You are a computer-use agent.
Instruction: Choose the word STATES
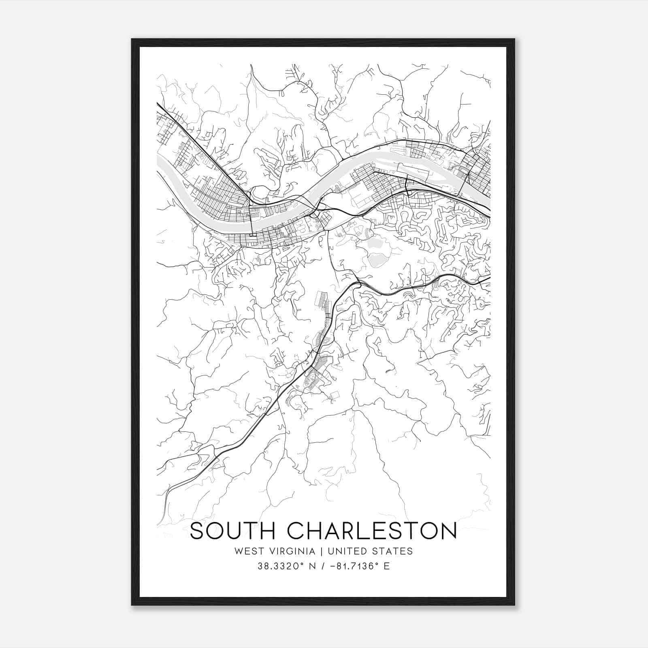coord(392,551)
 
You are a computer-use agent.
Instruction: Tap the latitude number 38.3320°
coord(281,566)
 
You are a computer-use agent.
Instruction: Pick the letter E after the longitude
coord(386,566)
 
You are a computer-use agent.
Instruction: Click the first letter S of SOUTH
coord(196,531)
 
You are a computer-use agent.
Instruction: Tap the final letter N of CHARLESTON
coord(449,531)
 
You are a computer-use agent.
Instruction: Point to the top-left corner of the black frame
coord(132,40)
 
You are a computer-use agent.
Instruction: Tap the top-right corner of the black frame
coord(514,40)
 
